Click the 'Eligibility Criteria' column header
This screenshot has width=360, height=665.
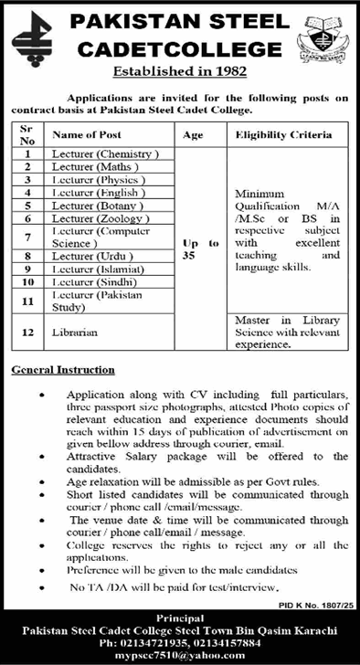coord(282,135)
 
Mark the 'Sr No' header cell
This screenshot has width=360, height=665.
coord(27,135)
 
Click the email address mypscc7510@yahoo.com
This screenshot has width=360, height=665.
coord(179,654)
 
